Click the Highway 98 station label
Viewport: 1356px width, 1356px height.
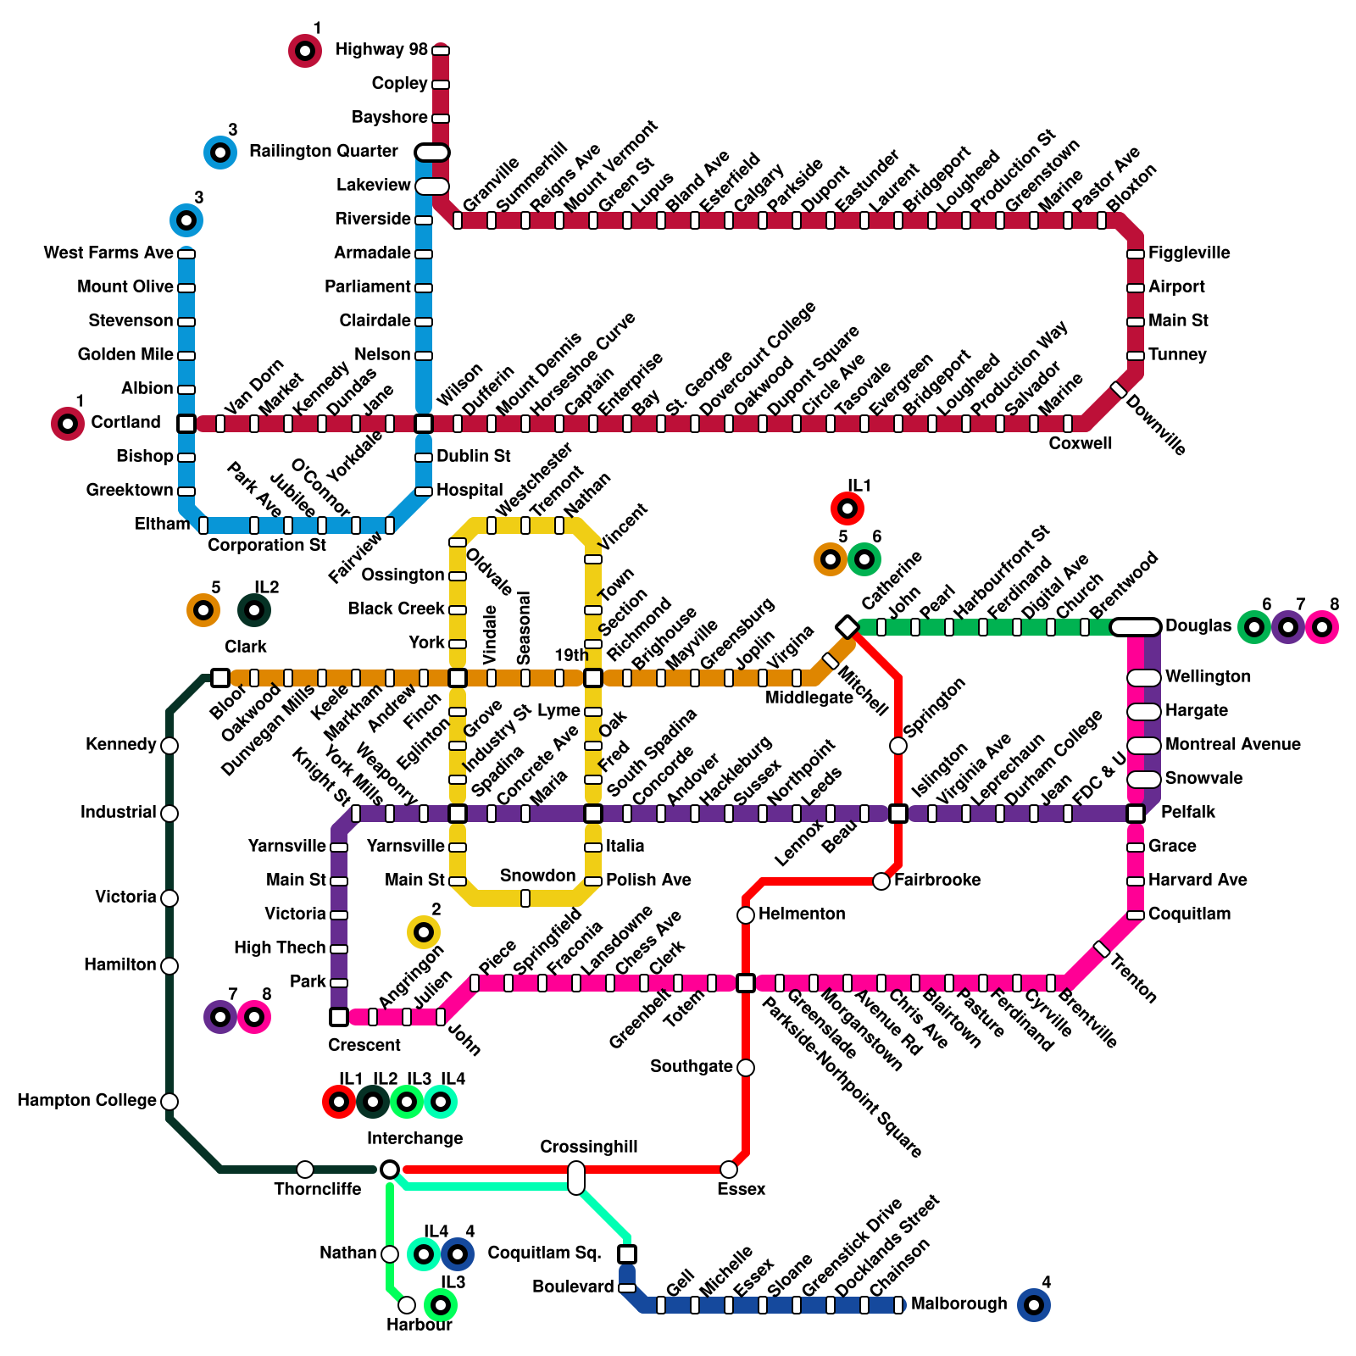pyautogui.click(x=381, y=50)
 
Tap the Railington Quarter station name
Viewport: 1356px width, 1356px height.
pyautogui.click(x=323, y=152)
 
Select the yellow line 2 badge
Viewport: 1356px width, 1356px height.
pyautogui.click(x=424, y=932)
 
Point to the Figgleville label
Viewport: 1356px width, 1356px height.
pyautogui.click(x=1189, y=253)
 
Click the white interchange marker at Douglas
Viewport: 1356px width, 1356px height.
pyautogui.click(x=1136, y=627)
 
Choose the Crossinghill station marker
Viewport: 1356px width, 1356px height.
pyautogui.click(x=576, y=1178)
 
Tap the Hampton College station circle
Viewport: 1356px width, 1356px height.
pyautogui.click(x=169, y=1102)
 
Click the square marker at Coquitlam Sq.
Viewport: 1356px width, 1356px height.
pyautogui.click(x=627, y=1254)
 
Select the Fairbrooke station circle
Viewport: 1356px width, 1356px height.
pyautogui.click(x=881, y=881)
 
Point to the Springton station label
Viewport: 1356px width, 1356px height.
pyautogui.click(x=934, y=707)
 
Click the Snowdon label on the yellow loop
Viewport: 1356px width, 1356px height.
pyautogui.click(x=537, y=875)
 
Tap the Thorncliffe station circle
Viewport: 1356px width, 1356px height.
pyautogui.click(x=305, y=1170)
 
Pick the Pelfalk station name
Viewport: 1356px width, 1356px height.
pyautogui.click(x=1188, y=813)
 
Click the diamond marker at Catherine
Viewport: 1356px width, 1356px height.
pyautogui.click(x=847, y=627)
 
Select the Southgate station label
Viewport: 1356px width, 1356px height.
pyautogui.click(x=691, y=1067)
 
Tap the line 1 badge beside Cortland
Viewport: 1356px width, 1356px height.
pyautogui.click(x=68, y=424)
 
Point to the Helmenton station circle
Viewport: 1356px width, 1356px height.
pyautogui.click(x=746, y=915)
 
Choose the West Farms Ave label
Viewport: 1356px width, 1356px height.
pyautogui.click(x=108, y=253)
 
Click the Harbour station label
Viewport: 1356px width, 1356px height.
pyautogui.click(x=420, y=1325)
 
